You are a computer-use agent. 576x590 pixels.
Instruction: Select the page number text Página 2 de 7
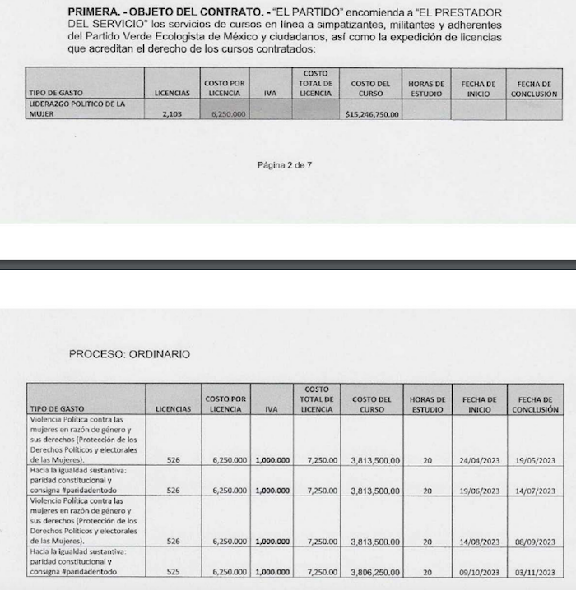click(284, 165)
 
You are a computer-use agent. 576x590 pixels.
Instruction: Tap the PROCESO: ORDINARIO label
click(129, 354)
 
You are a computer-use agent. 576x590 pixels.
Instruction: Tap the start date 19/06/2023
click(480, 491)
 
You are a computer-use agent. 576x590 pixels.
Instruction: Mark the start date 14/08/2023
click(480, 542)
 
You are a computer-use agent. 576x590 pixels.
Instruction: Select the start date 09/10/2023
click(480, 572)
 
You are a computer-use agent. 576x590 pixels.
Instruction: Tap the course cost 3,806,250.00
click(371, 572)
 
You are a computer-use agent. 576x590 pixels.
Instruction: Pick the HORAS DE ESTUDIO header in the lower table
click(427, 403)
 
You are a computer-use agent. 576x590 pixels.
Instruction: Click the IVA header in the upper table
click(270, 94)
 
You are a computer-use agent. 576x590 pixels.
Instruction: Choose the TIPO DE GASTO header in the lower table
click(57, 408)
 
